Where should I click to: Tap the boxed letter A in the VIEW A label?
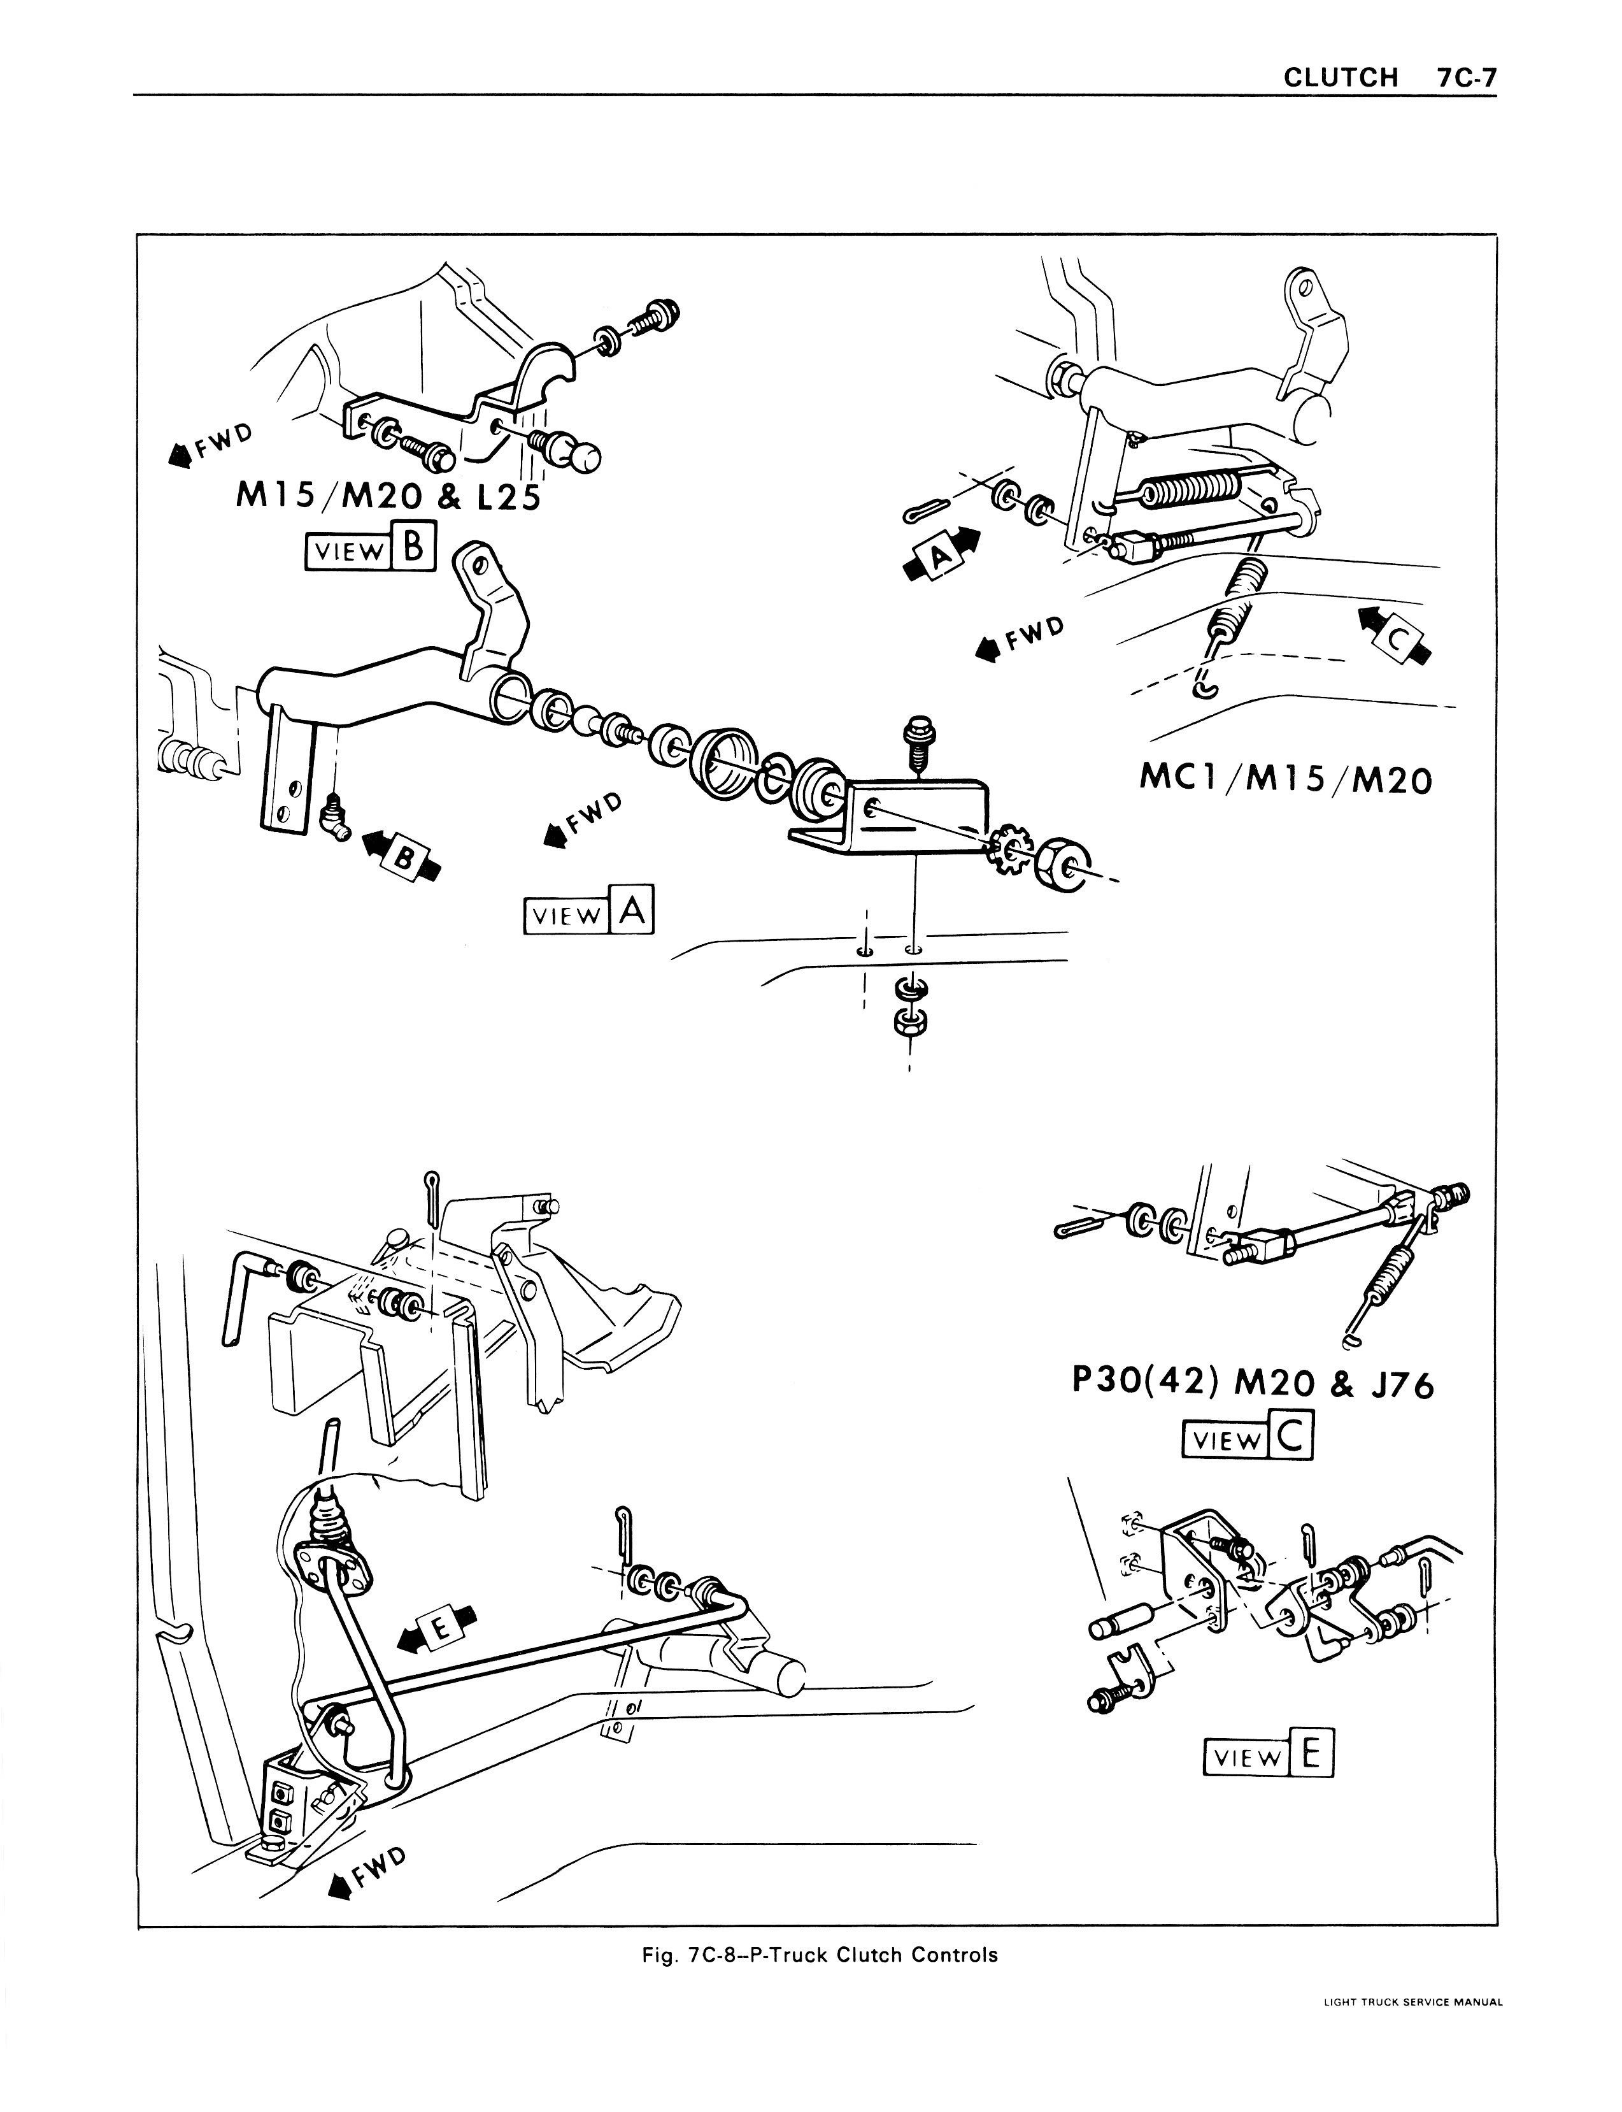pyautogui.click(x=632, y=910)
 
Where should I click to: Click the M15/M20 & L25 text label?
pyautogui.click(x=387, y=498)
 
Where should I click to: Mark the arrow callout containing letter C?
pyautogui.click(x=1396, y=635)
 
